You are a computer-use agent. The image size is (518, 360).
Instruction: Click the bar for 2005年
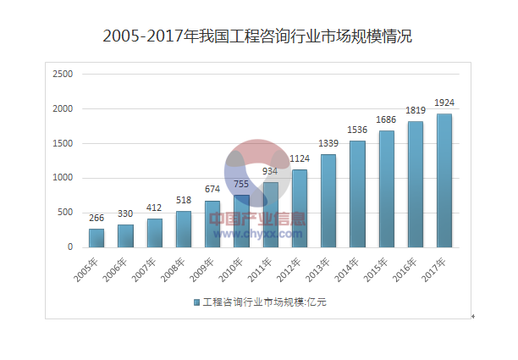click(x=96, y=238)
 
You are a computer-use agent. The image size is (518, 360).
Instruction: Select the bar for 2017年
click(x=444, y=180)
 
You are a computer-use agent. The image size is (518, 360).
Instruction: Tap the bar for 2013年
click(x=328, y=201)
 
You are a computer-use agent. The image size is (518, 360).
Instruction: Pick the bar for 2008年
click(x=184, y=229)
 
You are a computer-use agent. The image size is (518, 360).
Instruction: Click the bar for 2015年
click(x=387, y=189)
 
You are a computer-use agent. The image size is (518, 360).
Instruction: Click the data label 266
click(x=96, y=219)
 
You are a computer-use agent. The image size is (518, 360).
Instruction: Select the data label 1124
click(x=300, y=159)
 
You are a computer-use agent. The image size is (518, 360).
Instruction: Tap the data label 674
click(x=212, y=190)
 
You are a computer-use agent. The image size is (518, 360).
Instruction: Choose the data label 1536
click(x=357, y=130)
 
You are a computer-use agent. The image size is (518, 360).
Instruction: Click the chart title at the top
click(x=257, y=36)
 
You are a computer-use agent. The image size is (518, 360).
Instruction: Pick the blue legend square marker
click(x=196, y=302)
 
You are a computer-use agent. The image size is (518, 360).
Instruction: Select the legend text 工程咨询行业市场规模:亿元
click(x=264, y=302)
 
